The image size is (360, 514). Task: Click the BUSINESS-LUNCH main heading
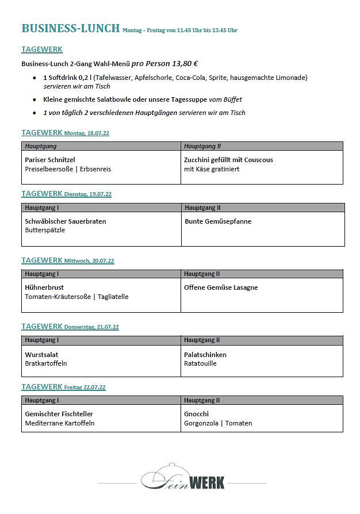point(70,28)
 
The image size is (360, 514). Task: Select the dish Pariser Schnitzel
point(50,160)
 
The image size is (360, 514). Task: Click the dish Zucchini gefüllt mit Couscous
point(228,160)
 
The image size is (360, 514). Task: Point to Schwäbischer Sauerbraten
point(66,221)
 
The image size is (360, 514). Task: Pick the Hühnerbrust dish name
point(44,287)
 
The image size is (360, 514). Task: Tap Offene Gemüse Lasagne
point(221,287)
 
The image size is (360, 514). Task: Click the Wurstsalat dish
point(41,355)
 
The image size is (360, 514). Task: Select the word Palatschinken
point(205,355)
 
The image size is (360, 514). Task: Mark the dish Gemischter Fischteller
point(59,414)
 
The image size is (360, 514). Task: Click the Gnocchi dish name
point(196,414)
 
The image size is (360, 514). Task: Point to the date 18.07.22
point(98,133)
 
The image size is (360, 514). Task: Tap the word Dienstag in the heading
point(76,194)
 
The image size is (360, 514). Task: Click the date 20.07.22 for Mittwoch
point(103,261)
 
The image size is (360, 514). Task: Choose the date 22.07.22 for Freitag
point(94,388)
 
